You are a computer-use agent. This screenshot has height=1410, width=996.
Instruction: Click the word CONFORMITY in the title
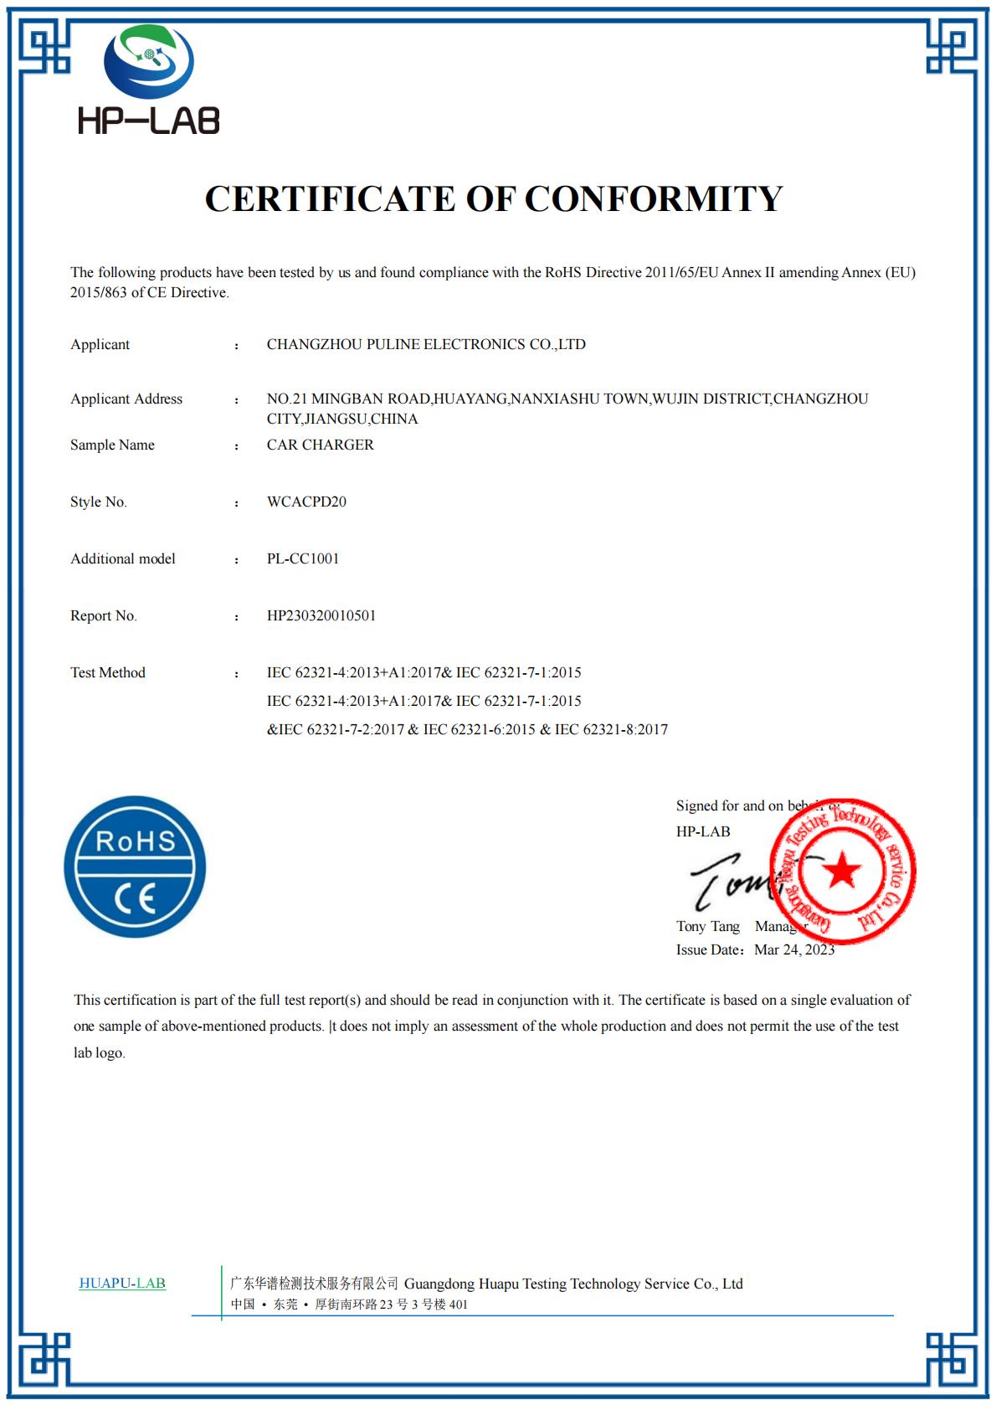[654, 199]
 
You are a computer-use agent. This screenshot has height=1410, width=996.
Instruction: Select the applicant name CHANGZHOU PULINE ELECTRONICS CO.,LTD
[426, 344]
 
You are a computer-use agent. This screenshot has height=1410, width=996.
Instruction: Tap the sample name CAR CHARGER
[320, 445]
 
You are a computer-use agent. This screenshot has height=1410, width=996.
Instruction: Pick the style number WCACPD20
[306, 502]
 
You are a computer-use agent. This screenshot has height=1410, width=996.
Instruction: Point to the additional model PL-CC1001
[303, 558]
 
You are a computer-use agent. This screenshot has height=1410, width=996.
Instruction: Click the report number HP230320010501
[321, 615]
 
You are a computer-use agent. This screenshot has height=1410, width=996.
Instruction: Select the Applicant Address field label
[126, 399]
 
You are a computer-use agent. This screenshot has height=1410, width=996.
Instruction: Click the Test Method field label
[108, 672]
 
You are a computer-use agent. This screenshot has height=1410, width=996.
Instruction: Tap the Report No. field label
[104, 615]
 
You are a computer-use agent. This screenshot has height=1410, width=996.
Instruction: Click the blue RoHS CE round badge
[135, 867]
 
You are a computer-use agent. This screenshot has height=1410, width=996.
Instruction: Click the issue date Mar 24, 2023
[794, 949]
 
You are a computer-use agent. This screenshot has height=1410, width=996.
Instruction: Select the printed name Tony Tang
[708, 926]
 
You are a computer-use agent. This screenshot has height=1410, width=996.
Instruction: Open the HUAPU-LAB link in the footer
[122, 1283]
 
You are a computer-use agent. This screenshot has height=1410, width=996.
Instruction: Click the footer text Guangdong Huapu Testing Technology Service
[573, 1284]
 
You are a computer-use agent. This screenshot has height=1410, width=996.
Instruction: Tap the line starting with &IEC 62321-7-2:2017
[467, 729]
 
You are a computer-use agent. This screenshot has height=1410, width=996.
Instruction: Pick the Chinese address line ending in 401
[349, 1305]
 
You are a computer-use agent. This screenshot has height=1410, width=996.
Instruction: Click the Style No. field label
[99, 502]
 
